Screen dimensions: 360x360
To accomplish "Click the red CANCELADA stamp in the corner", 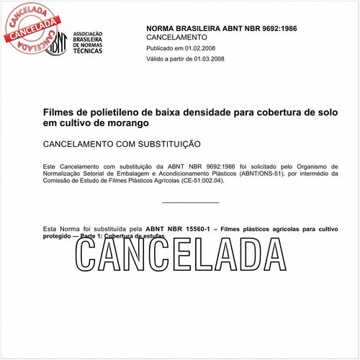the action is (x=28, y=25).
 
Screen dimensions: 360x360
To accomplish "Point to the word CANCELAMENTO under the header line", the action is (x=176, y=37).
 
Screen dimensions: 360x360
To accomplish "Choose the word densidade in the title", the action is (x=205, y=113).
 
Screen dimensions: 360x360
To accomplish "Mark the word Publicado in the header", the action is (x=161, y=48).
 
